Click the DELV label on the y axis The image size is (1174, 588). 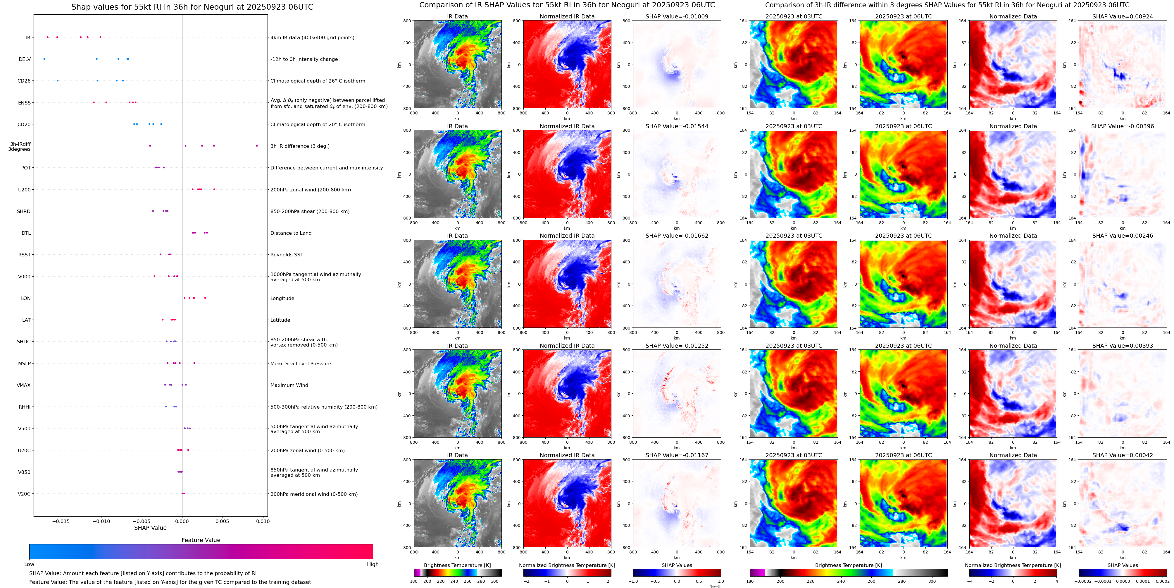(x=25, y=59)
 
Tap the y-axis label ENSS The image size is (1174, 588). (x=25, y=103)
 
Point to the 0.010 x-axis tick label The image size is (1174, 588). (x=263, y=521)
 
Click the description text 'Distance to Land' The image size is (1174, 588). (x=291, y=233)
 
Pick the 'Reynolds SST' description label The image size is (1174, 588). (x=287, y=255)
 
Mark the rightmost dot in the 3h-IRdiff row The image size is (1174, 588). (x=257, y=146)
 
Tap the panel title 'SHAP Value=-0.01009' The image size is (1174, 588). (x=677, y=16)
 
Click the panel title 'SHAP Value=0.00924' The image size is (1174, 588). (x=1123, y=16)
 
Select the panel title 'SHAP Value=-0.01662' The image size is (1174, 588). (x=677, y=236)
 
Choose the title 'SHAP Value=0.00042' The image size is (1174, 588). (x=1123, y=455)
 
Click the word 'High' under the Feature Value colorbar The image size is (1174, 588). (x=373, y=564)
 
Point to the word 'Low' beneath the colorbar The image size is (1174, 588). (x=29, y=564)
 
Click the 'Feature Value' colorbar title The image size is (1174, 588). (x=201, y=540)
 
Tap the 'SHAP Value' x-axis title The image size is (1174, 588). (x=150, y=528)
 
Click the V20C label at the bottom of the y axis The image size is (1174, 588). (x=24, y=493)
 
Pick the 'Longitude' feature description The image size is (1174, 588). (x=282, y=298)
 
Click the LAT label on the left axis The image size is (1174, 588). (x=26, y=320)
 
